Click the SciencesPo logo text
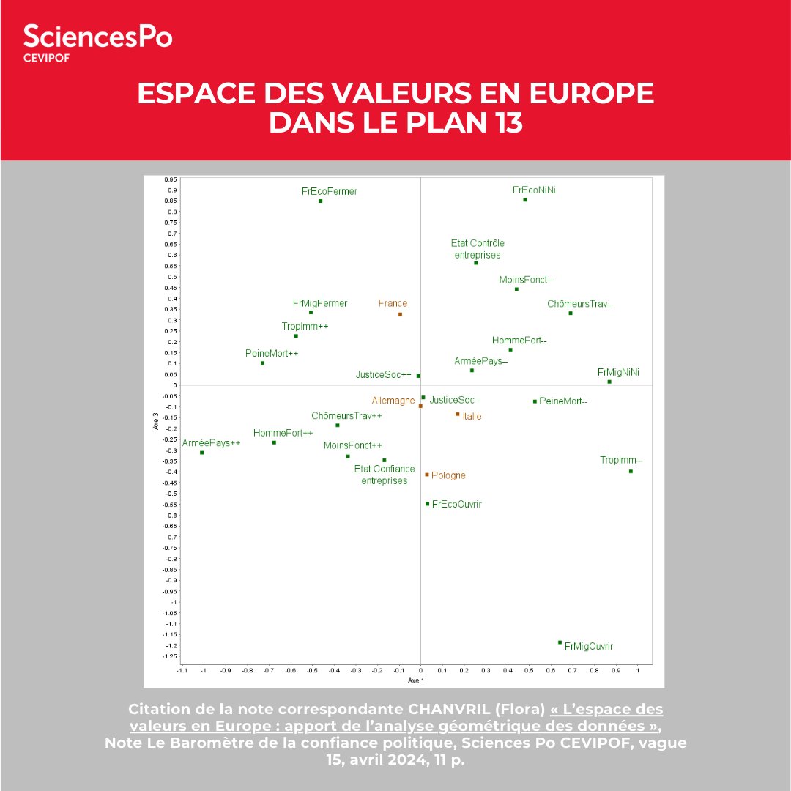click(97, 37)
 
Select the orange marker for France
click(400, 314)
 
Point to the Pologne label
click(448, 475)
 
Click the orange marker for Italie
click(457, 414)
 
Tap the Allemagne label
click(393, 401)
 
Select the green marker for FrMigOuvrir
click(560, 642)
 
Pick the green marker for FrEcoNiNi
click(525, 200)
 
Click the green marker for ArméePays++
click(201, 453)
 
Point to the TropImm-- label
click(620, 460)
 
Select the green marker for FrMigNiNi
click(609, 382)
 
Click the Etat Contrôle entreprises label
click(477, 249)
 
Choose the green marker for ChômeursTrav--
click(571, 313)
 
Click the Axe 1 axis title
click(416, 681)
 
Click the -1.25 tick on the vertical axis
click(170, 656)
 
